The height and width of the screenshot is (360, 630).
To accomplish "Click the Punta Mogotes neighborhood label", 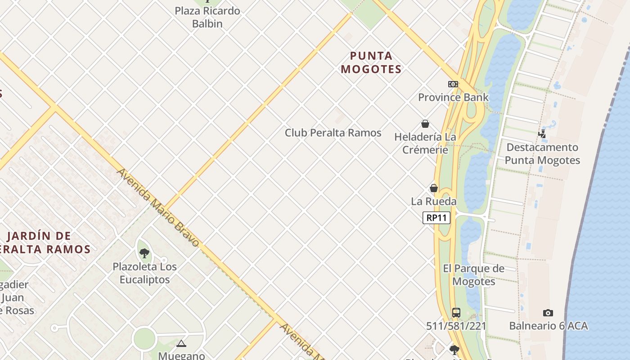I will [371, 63].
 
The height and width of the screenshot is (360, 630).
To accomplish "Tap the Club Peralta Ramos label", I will [333, 133].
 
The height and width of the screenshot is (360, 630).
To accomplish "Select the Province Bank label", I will [453, 97].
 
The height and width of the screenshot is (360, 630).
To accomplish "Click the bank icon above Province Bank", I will [453, 84].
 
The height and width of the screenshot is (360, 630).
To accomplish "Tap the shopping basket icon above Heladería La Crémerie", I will [425, 124].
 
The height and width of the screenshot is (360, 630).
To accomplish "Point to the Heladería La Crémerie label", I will [425, 143].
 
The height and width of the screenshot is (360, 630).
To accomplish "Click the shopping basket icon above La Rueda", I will [434, 188].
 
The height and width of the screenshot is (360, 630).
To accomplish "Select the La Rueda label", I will [434, 201].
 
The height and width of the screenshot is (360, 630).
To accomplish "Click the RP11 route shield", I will [436, 218].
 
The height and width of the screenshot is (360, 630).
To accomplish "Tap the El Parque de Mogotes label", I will [474, 275].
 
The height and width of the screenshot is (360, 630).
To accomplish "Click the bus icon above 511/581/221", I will [456, 312].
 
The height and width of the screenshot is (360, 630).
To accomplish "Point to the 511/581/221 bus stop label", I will [456, 326].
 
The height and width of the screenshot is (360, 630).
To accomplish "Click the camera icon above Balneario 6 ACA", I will [548, 313].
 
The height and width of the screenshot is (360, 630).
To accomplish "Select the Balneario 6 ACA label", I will [549, 326].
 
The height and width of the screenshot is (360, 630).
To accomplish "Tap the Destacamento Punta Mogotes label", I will [542, 153].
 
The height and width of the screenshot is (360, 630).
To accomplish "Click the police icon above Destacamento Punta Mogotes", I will [542, 134].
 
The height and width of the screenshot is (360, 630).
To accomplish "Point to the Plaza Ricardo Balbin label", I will [207, 17].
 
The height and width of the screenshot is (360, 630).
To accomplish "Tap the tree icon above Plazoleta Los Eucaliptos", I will [144, 253].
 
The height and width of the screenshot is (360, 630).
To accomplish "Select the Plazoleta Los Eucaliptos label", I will [144, 273].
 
